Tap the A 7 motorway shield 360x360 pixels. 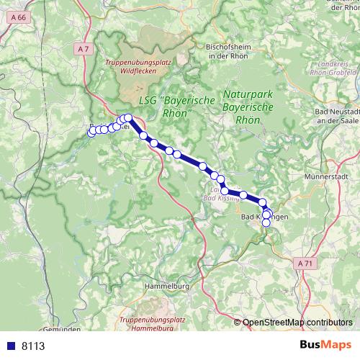click(84, 48)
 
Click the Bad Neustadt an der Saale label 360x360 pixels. click(338, 117)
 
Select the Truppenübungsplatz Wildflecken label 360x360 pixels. click(138, 66)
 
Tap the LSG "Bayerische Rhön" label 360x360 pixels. click(165, 108)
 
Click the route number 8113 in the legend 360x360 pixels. click(33, 346)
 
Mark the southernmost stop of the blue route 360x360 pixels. click(266, 222)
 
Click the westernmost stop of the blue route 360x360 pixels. click(91, 132)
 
